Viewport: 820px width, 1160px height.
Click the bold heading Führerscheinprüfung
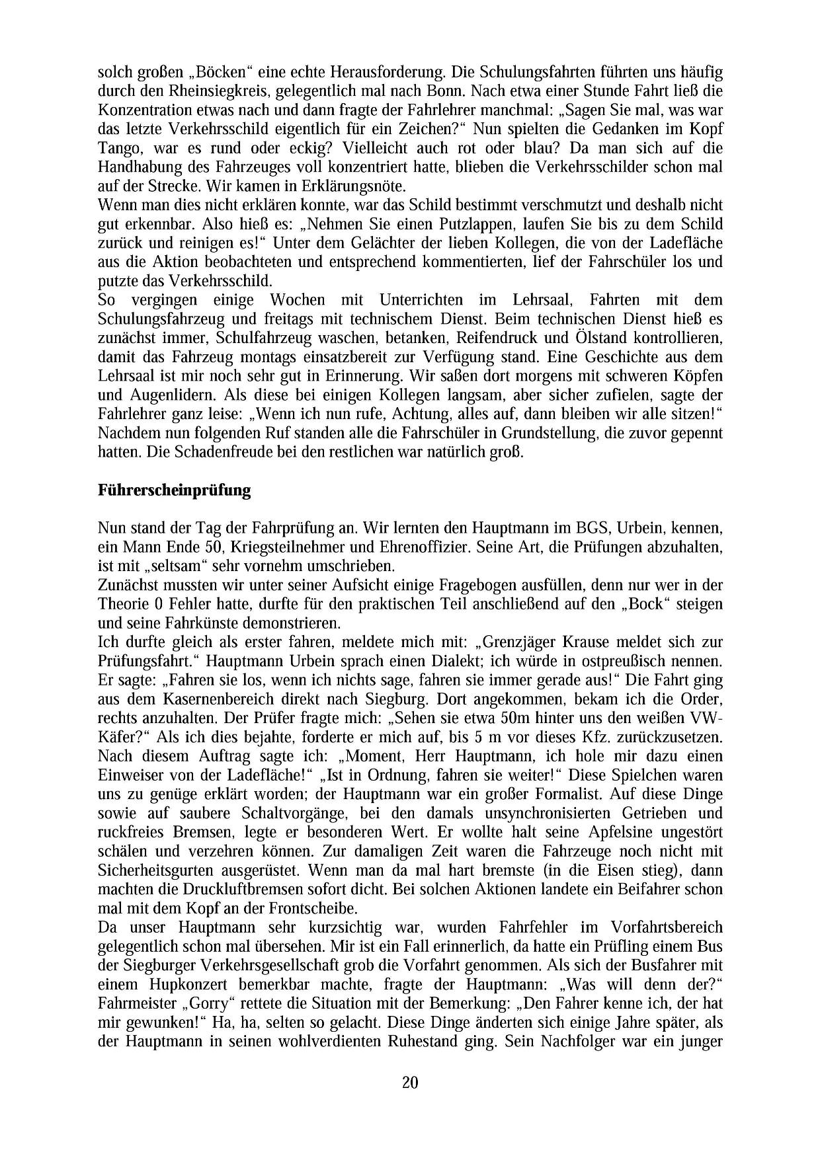click(x=174, y=490)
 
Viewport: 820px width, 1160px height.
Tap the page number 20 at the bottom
click(x=409, y=1082)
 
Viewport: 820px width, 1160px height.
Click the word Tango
click(x=120, y=148)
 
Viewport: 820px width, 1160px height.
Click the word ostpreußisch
click(x=618, y=661)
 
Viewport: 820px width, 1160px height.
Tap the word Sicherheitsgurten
click(x=161, y=870)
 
